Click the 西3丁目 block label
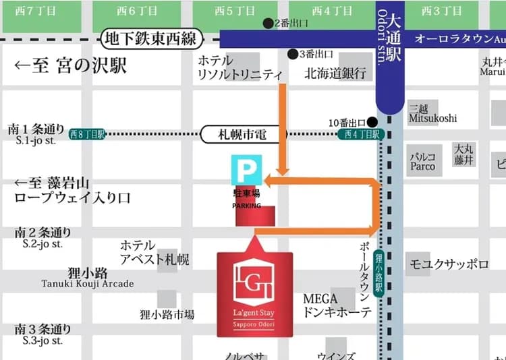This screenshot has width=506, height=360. coord(435,11)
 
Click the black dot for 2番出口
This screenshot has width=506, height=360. coord(268,23)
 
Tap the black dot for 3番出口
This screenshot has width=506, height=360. coord(292,54)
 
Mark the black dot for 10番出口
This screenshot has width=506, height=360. coord(371,123)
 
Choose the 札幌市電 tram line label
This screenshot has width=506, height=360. coord(244,135)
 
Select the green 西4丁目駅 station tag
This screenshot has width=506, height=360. coord(360,135)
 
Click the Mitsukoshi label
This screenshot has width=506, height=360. coord(432,118)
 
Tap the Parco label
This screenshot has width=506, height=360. coord(423,167)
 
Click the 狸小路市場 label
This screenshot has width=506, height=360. coord(167,314)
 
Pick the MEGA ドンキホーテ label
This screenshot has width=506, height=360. coord(337,305)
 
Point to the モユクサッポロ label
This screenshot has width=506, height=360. coord(449,264)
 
